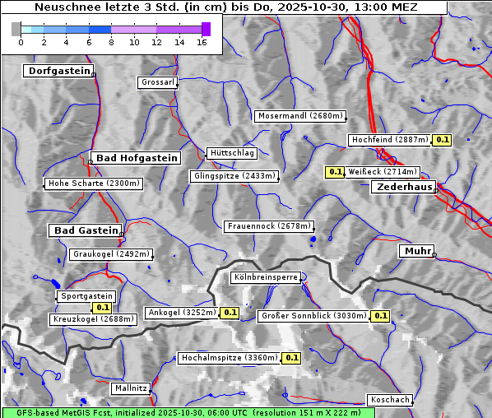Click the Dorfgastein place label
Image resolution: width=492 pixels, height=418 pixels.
coord(58,71)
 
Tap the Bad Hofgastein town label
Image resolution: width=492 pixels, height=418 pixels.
coord(135,157)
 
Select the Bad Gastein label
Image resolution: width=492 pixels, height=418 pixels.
coord(86,230)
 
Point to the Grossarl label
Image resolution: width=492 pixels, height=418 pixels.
coord(157,82)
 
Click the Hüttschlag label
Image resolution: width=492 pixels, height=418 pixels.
coord(232,153)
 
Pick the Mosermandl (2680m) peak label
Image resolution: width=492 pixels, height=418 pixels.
coord(299,116)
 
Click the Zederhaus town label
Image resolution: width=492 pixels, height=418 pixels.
coord(404,187)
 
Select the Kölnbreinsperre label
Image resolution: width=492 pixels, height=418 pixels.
coord(265,278)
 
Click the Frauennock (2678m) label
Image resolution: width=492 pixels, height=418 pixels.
coord(269,225)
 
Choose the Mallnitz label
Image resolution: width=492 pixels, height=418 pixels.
coord(130,388)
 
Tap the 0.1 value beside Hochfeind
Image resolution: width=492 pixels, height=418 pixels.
coord(443,140)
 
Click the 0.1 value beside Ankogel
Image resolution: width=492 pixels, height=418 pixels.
coord(230,313)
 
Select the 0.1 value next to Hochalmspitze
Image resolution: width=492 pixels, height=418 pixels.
coord(291,358)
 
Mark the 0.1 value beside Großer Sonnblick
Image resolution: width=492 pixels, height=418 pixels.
coord(380,315)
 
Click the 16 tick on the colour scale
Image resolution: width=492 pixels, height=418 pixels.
coord(202,42)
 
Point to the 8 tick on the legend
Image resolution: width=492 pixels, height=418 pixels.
coord(111,42)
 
